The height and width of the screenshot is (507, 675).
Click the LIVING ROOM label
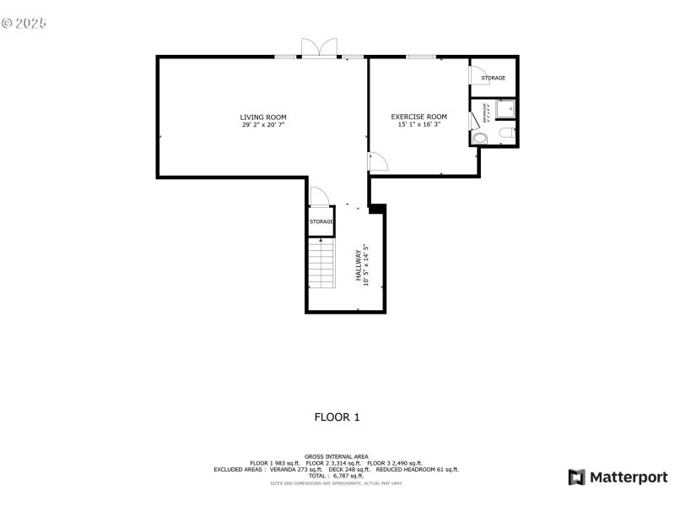(x=263, y=117)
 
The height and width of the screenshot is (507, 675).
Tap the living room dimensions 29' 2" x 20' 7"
(x=263, y=125)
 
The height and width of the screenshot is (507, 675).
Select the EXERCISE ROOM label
(x=418, y=116)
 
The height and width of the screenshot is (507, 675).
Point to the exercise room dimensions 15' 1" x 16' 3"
(x=418, y=124)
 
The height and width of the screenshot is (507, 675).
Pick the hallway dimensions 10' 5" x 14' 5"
(x=366, y=265)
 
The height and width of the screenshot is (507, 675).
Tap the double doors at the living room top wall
(x=320, y=49)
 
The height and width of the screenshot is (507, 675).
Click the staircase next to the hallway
(x=321, y=264)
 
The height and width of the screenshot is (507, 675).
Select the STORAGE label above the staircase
(x=321, y=221)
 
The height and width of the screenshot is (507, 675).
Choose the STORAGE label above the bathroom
(x=494, y=78)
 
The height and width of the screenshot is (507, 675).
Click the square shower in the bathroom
(x=505, y=109)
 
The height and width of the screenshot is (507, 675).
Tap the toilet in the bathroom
(x=504, y=135)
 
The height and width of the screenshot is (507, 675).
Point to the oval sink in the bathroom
(x=480, y=138)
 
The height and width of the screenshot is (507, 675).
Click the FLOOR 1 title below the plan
(x=337, y=417)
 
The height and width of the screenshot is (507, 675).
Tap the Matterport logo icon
(x=577, y=477)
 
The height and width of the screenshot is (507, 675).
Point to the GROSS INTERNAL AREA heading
(x=336, y=456)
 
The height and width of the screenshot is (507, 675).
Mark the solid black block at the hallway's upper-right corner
(x=377, y=208)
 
